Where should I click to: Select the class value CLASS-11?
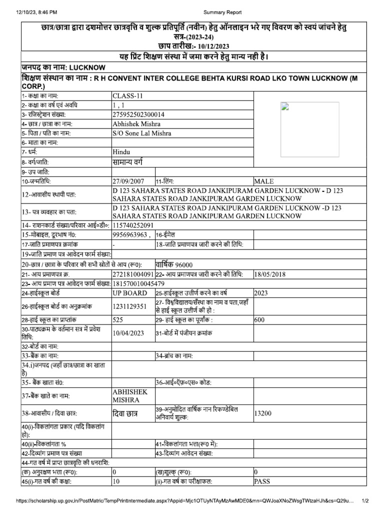[x=128, y=95]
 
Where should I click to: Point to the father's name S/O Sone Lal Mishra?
[x=142, y=133]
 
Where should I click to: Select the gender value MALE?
[x=264, y=181]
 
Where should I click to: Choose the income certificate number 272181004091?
[x=133, y=274]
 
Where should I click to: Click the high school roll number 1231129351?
[x=129, y=305]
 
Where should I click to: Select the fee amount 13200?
[x=262, y=413]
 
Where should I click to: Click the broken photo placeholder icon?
[x=284, y=105]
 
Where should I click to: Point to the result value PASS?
[x=262, y=481]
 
